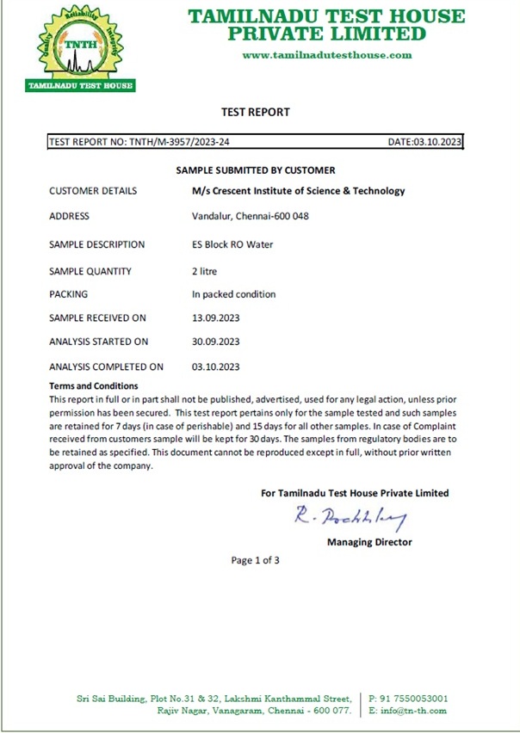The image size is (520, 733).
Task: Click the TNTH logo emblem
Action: coord(80,47)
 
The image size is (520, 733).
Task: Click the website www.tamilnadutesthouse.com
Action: coord(327,55)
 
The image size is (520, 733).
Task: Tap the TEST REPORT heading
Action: coord(256,112)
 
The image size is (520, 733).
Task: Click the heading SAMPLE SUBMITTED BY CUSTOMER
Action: coord(256,170)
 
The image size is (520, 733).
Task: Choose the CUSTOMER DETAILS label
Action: coord(93,191)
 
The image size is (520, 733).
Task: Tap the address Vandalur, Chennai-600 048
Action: coord(250,217)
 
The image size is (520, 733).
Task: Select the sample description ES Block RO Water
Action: coord(232,244)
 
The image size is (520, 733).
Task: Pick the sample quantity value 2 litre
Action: coord(205,271)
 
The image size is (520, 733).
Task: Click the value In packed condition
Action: coord(233,294)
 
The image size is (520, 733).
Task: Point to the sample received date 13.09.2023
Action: coord(215,318)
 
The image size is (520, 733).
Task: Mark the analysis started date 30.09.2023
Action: coord(215,342)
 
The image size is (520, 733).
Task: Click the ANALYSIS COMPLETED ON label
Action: coord(106,366)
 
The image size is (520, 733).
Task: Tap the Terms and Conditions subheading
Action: coord(94,386)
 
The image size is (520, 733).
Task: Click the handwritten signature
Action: coord(350,517)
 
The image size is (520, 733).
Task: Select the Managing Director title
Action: coord(369,542)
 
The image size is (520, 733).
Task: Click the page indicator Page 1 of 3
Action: coord(256,560)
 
